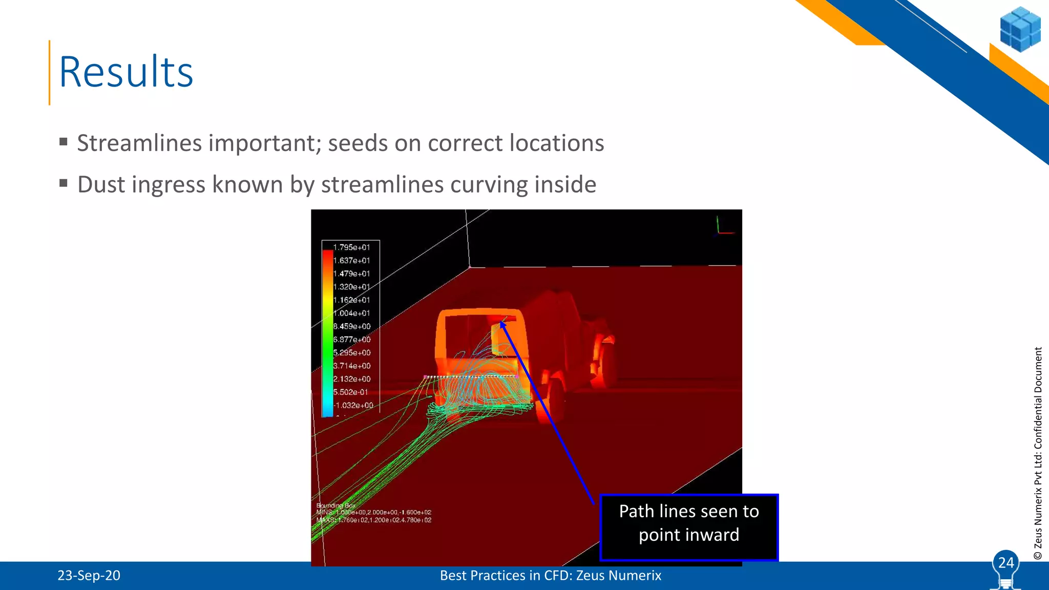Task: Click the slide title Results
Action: click(126, 72)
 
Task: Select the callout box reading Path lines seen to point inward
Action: click(689, 528)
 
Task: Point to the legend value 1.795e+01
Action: click(351, 247)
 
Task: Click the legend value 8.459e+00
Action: click(352, 326)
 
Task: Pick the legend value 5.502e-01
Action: click(351, 392)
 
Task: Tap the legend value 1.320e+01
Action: click(351, 287)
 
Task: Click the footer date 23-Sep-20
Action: click(89, 576)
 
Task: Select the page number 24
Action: click(1006, 563)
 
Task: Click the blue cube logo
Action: click(1020, 29)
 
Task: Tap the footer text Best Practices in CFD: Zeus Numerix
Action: click(551, 576)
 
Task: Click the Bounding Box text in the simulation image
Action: click(336, 505)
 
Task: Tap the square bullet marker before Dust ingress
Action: click(64, 183)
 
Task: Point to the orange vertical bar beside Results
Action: click(50, 72)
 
